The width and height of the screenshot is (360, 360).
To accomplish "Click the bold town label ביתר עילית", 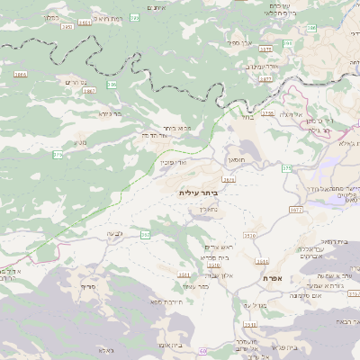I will (199, 193).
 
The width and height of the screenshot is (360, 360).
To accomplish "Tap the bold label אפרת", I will (274, 279).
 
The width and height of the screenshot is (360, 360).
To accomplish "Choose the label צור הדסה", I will (158, 135).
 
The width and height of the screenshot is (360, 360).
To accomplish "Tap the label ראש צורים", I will (219, 247).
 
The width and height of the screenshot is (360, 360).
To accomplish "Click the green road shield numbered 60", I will (203, 350).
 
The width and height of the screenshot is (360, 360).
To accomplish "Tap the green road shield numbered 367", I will (146, 235).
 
